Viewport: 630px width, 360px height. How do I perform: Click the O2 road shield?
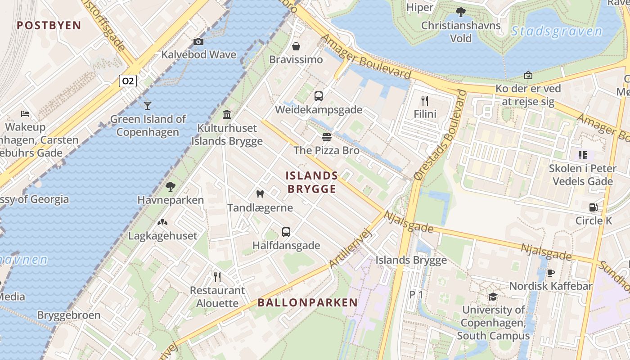(x=128, y=81)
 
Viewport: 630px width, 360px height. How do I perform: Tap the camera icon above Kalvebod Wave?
(x=198, y=42)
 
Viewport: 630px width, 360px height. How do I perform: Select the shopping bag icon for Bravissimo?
(x=296, y=46)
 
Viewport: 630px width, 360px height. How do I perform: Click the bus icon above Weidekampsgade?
(x=319, y=96)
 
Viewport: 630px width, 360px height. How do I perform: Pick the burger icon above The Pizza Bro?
(x=327, y=137)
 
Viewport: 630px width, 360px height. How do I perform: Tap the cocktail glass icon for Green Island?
(x=148, y=106)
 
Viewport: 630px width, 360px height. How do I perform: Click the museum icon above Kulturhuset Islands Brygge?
(x=227, y=114)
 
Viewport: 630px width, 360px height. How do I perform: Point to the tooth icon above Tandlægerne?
(x=260, y=194)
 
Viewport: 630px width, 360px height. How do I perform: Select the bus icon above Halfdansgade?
(x=286, y=232)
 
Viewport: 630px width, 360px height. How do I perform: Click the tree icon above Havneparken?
(x=171, y=186)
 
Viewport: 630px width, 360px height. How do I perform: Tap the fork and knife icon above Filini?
(x=425, y=100)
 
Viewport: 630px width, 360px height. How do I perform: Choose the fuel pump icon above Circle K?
(x=594, y=207)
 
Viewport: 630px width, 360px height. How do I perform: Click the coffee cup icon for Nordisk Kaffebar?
(x=550, y=273)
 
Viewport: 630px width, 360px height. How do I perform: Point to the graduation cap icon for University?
(x=493, y=297)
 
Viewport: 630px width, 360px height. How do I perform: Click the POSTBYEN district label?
(x=49, y=25)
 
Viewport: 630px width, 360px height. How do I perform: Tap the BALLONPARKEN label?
(x=308, y=302)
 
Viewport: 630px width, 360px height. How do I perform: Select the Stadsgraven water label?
(x=557, y=31)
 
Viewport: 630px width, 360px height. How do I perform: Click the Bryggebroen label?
(x=69, y=315)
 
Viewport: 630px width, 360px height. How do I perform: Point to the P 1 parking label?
(x=416, y=295)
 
